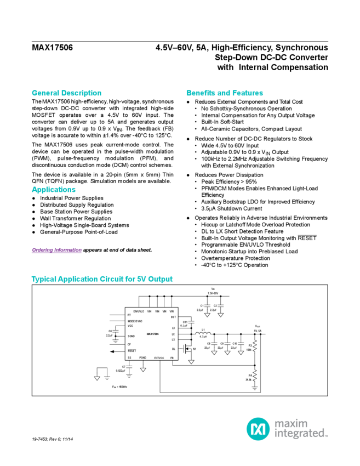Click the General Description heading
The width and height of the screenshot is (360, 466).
tap(66, 93)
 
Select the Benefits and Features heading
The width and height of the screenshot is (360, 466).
tap(225, 93)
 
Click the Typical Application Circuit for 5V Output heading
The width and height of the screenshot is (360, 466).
tap(102, 279)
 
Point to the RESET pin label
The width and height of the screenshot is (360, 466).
tap(132, 350)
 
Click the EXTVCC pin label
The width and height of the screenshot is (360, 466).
tap(159, 357)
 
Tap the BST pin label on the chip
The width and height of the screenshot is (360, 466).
tap(173, 316)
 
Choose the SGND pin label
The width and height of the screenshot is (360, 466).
tap(132, 336)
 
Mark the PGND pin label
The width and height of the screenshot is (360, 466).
tap(144, 357)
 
